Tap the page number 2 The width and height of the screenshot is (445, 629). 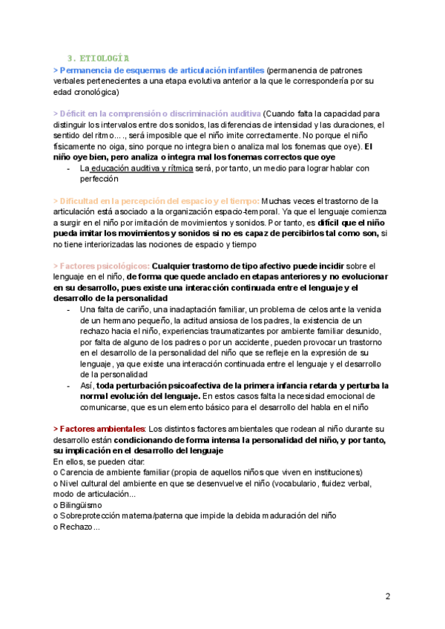pos(388,596)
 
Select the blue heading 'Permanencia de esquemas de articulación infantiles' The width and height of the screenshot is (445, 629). pos(159,68)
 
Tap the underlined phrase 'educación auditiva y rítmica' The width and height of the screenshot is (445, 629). pos(141,168)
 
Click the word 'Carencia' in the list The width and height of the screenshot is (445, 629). pos(78,472)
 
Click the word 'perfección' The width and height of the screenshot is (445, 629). pos(99,179)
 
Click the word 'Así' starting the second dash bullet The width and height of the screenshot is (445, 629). pos(86,385)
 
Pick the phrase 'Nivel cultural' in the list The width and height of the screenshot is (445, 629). pos(90,483)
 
